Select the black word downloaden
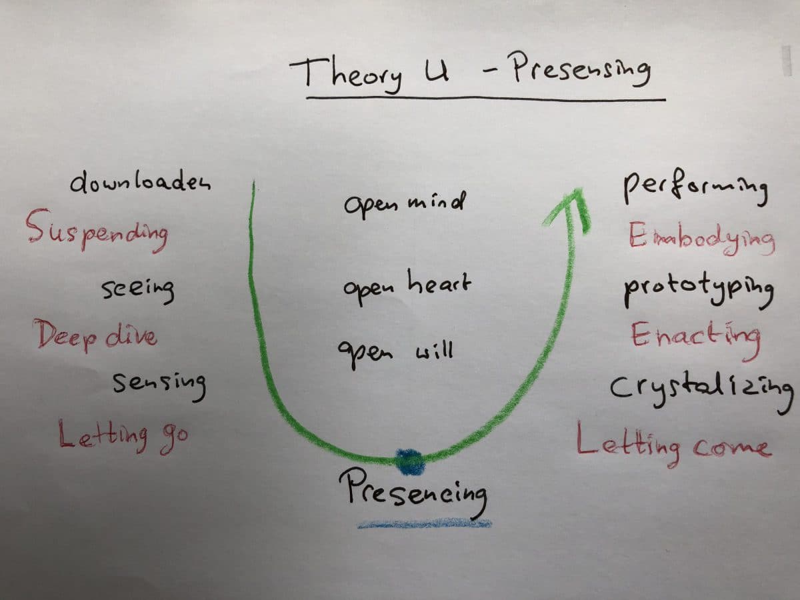click(x=140, y=181)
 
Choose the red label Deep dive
click(x=95, y=335)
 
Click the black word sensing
click(x=159, y=386)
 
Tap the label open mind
click(x=405, y=204)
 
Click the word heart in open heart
click(x=439, y=281)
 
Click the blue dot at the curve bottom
click(x=409, y=462)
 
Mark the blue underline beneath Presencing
click(x=425, y=524)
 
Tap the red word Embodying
click(x=701, y=239)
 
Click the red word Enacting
click(x=695, y=339)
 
